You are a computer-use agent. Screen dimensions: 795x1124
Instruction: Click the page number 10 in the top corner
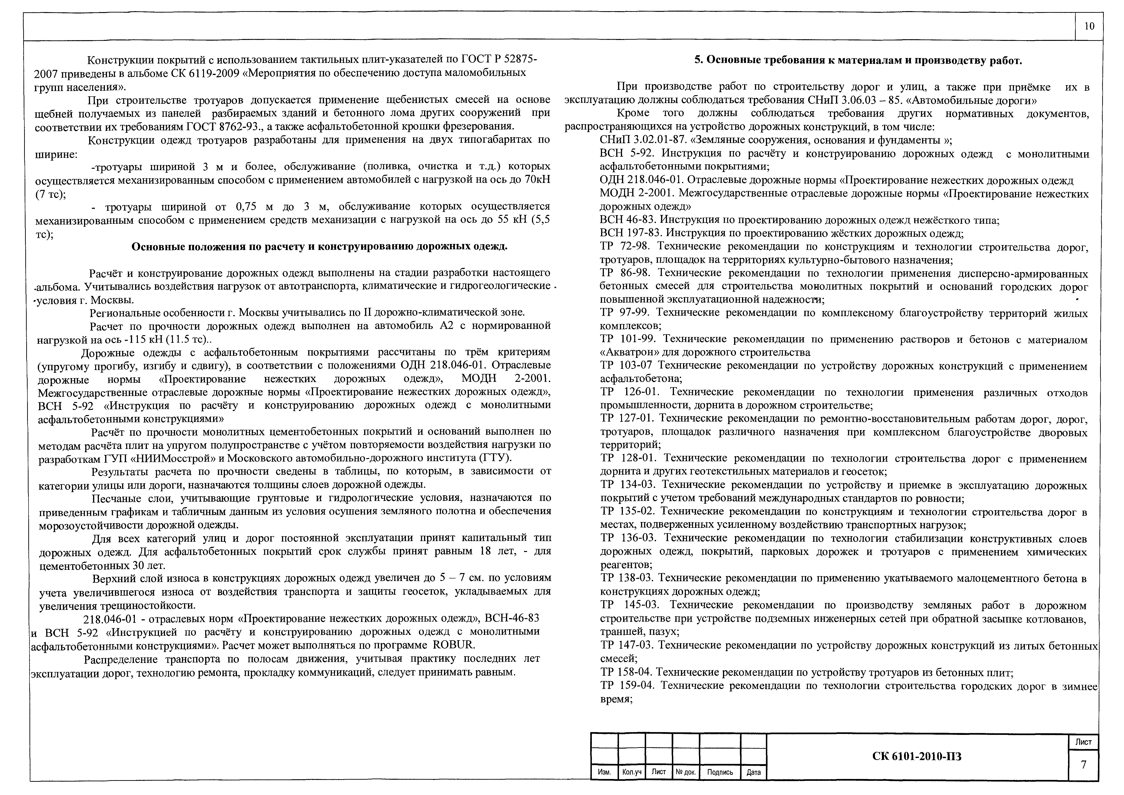pos(1089,26)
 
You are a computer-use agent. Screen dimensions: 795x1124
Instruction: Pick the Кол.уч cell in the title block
pos(632,772)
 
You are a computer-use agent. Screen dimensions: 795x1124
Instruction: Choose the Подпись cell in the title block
pos(720,772)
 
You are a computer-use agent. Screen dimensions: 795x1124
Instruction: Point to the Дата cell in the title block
pos(754,772)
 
